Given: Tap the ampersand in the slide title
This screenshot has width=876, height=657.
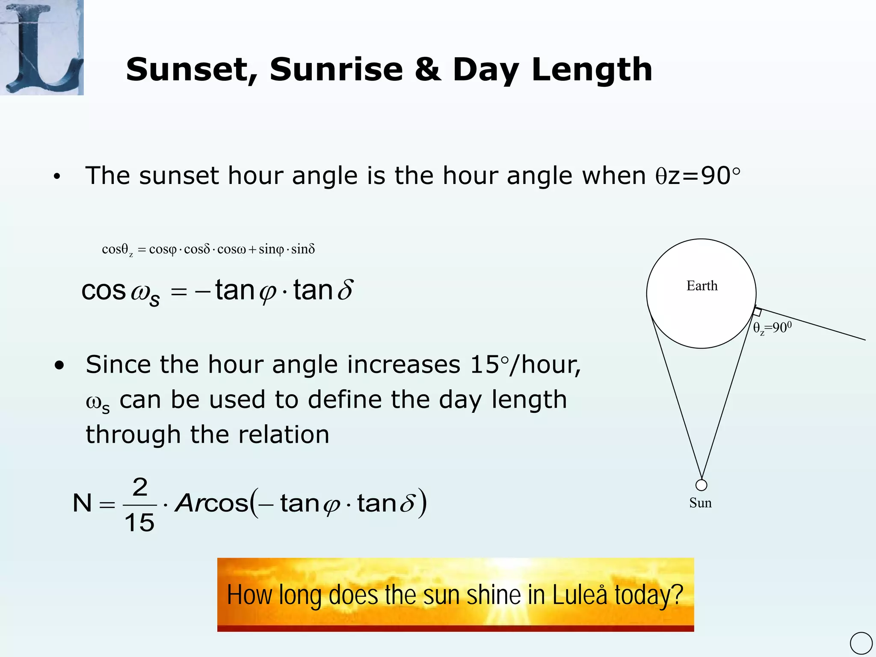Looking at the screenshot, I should [427, 70].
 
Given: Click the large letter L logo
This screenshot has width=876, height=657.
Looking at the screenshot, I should [41, 47].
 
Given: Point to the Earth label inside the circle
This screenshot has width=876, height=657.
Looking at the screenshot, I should [702, 286].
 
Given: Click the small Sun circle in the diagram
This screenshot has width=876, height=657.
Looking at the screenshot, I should [701, 485].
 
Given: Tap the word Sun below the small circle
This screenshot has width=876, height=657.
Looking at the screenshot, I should [700, 503].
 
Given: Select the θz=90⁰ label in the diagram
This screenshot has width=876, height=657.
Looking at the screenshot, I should [772, 328].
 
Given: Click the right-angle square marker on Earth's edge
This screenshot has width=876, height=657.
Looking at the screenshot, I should [757, 312].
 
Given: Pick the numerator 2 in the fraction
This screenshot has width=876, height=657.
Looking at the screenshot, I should [140, 487].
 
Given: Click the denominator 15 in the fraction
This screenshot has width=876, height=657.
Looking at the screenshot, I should [139, 523].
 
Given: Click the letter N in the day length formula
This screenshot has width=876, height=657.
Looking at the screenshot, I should [83, 503].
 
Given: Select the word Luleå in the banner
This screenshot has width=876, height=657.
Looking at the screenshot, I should [580, 595].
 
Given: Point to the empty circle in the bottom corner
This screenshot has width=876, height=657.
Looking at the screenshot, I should [861, 643].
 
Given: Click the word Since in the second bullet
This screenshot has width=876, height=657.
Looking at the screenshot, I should [118, 364].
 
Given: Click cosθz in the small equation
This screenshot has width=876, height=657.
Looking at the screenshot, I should [117, 249].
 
